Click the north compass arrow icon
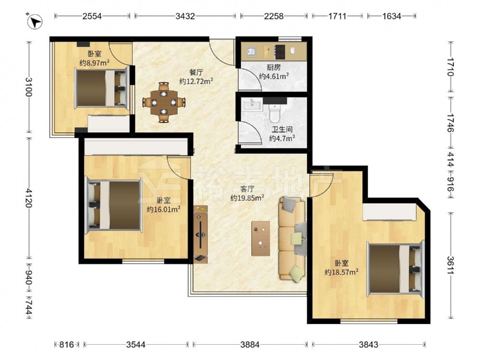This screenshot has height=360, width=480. [x=35, y=22]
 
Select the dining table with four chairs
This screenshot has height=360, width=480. [x=164, y=102]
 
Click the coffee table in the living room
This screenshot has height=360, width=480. [x=261, y=239]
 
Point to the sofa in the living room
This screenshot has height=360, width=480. [x=292, y=238]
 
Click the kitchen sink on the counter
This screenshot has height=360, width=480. [x=252, y=51]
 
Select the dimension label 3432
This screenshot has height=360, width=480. [x=185, y=16]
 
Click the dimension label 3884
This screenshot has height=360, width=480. [x=250, y=345]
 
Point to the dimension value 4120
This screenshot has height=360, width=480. [x=28, y=198]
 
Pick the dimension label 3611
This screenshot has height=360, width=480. [x=450, y=265]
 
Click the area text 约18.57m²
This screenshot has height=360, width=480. [x=341, y=272]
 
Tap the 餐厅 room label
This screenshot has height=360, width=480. [x=196, y=72]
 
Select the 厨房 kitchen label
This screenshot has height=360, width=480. [x=274, y=67]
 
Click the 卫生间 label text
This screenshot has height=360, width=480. [x=282, y=130]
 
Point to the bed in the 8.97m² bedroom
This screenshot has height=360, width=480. [x=101, y=89]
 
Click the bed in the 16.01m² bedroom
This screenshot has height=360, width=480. [x=114, y=205]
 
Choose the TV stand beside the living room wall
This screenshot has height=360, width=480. [x=201, y=234]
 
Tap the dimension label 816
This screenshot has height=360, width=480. [x=66, y=345]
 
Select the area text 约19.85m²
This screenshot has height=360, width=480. [x=247, y=198]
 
